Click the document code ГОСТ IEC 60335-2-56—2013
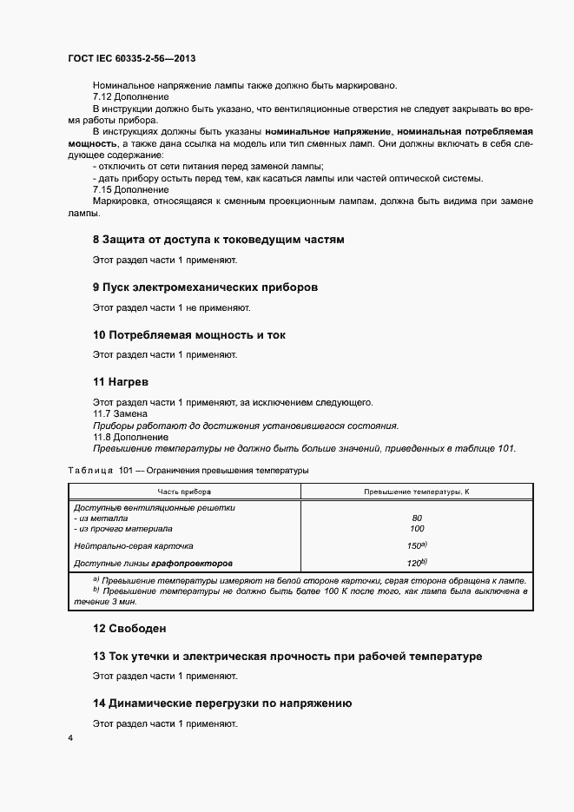[130, 59]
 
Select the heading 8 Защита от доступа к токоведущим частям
[219, 239]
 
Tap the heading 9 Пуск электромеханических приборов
[206, 287]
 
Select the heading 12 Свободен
[130, 628]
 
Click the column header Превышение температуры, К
[417, 492]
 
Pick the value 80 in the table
[417, 518]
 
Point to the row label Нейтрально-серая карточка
[134, 546]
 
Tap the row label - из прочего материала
[123, 528]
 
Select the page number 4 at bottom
[70, 738]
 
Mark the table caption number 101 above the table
[127, 470]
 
